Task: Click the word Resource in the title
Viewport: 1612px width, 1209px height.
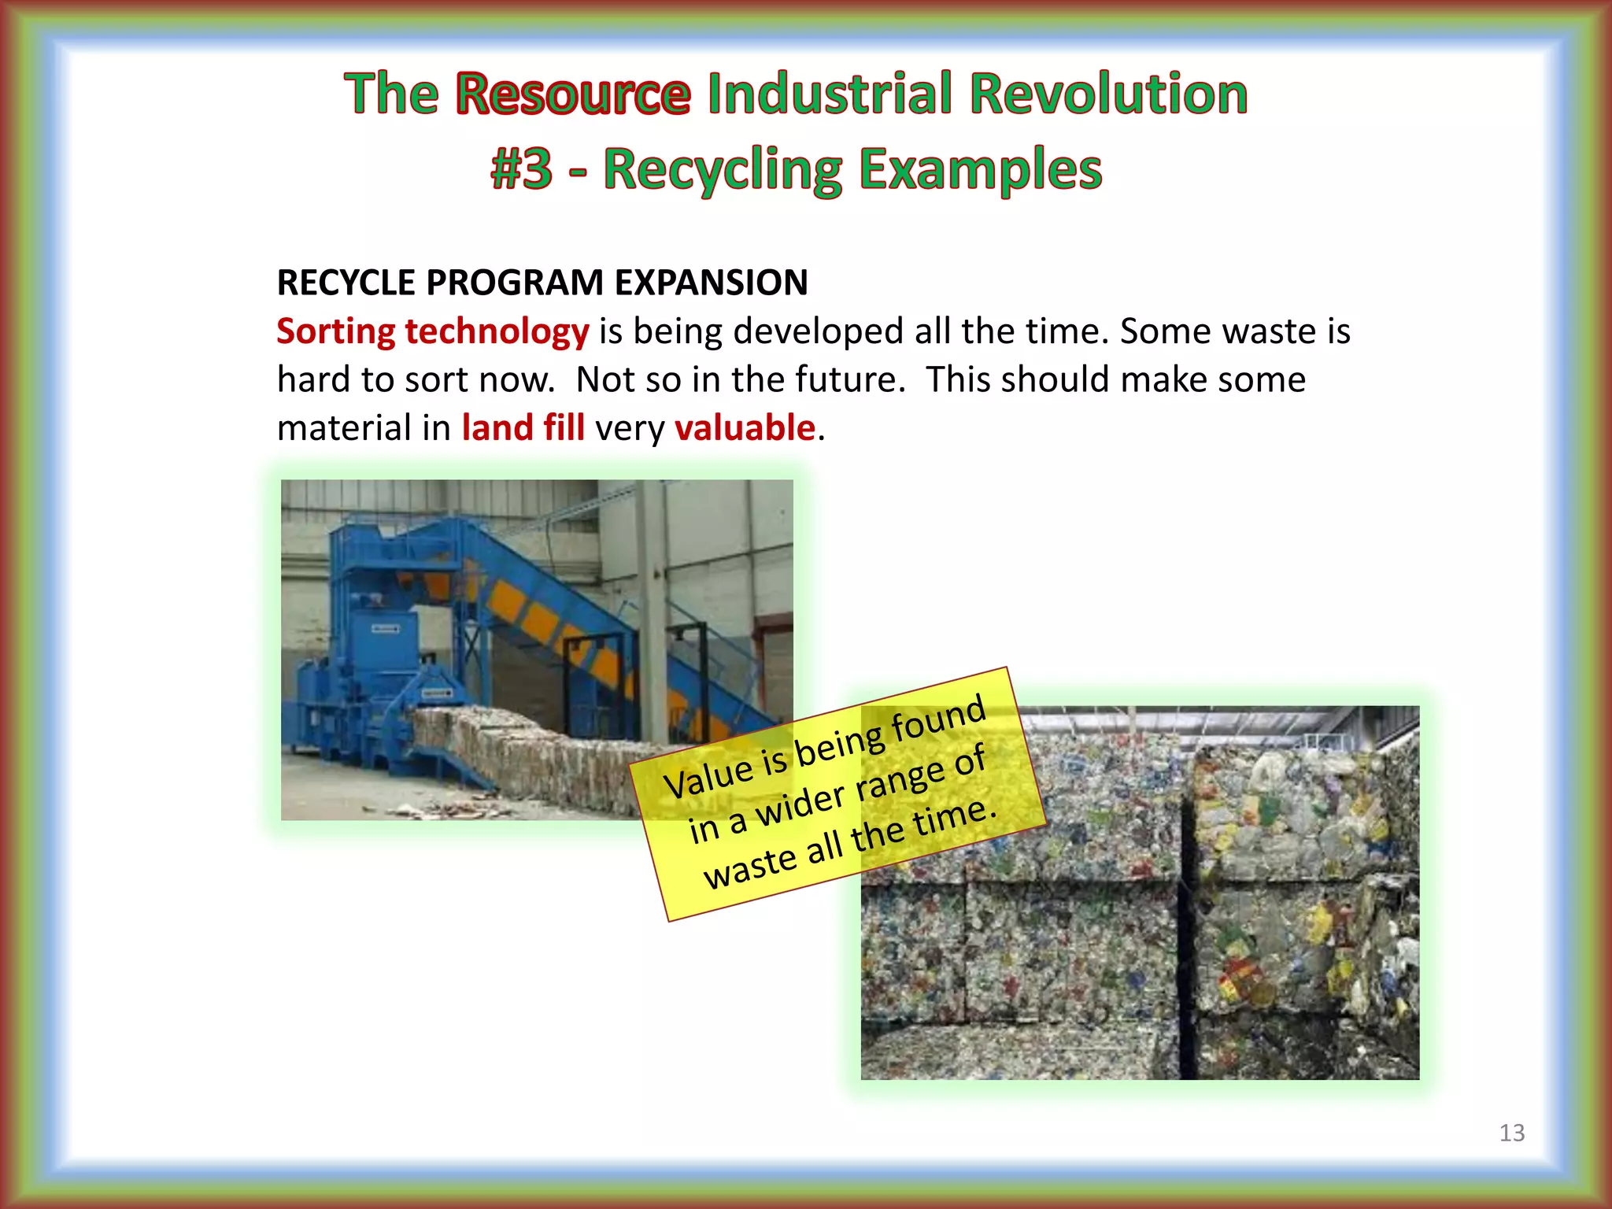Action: tap(573, 94)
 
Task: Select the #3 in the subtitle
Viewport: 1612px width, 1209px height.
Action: tap(521, 170)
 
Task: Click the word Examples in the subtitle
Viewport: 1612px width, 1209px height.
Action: tap(980, 170)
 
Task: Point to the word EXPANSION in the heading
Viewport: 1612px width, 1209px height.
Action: tap(711, 283)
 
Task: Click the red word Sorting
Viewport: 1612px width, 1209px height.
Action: tap(336, 332)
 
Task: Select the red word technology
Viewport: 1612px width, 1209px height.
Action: tap(497, 332)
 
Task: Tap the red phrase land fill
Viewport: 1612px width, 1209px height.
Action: tap(523, 428)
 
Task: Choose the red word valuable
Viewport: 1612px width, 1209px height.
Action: tap(745, 428)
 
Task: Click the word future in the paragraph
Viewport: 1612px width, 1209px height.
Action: tap(846, 379)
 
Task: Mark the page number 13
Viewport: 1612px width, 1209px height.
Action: tap(1511, 1133)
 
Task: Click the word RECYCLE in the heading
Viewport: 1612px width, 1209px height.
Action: tap(346, 283)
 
